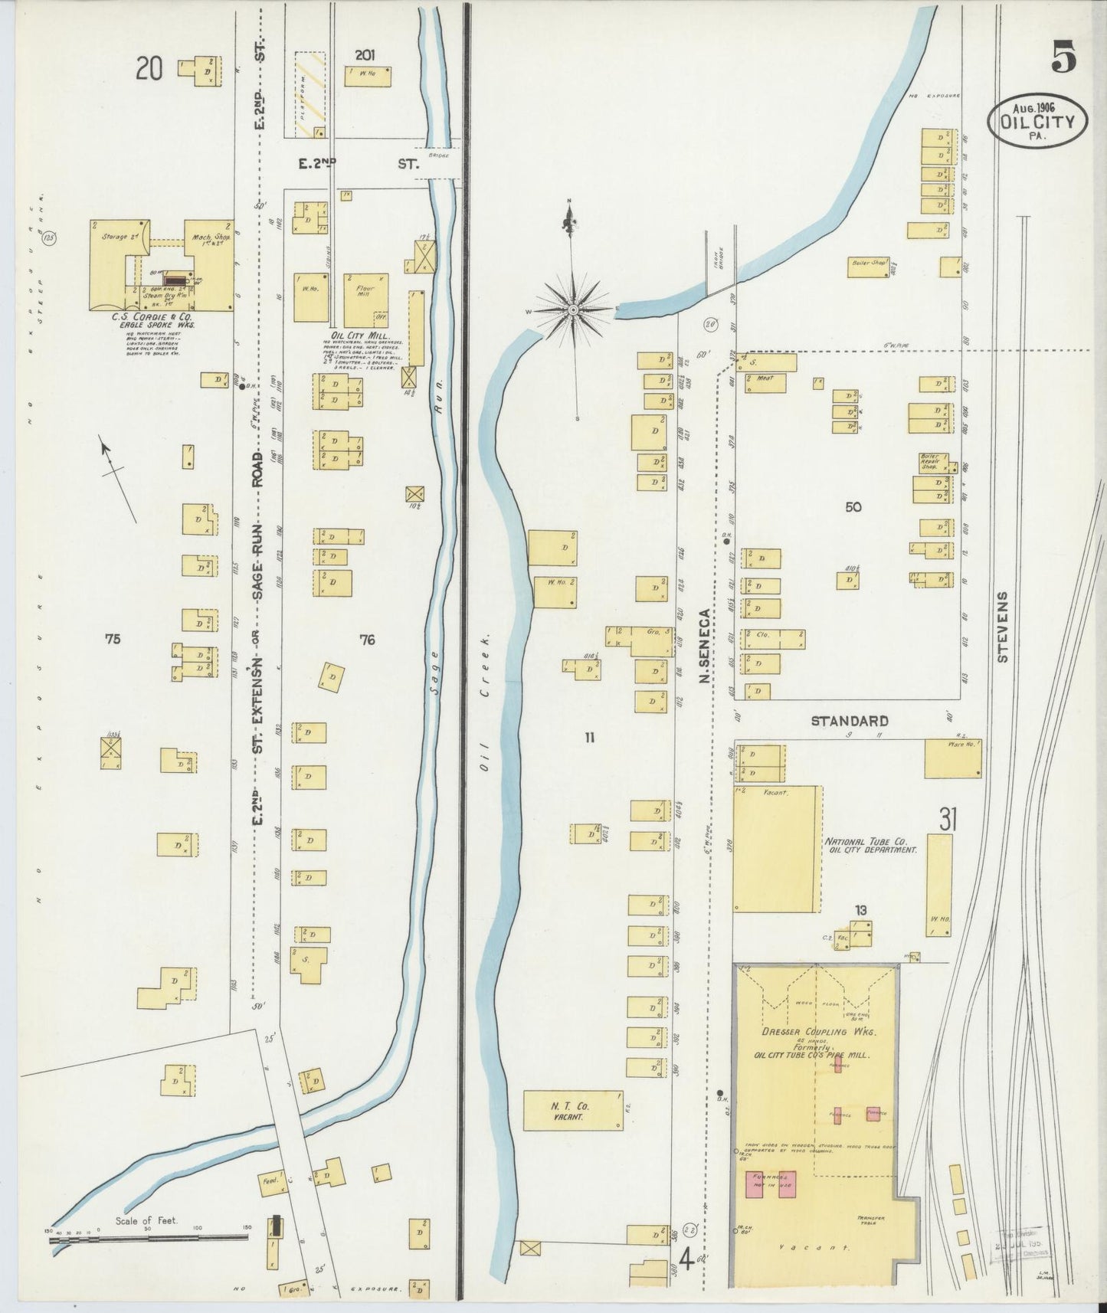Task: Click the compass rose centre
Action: (x=573, y=309)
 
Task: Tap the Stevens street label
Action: (x=1004, y=626)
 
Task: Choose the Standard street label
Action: (x=850, y=721)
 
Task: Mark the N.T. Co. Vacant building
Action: (x=573, y=1112)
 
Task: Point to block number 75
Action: (x=113, y=638)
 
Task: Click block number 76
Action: (x=368, y=639)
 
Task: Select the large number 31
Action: (x=948, y=820)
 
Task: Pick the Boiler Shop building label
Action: (x=867, y=263)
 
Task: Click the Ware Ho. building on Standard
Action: (x=953, y=758)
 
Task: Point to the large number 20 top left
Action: (x=150, y=70)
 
